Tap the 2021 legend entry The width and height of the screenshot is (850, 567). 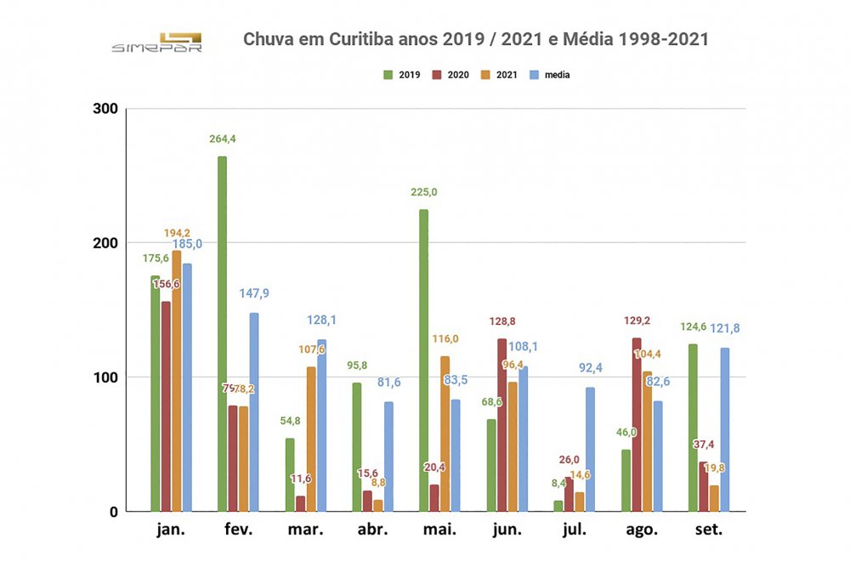pos(502,75)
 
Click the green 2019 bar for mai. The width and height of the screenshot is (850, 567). pos(423,360)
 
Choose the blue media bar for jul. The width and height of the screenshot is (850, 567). pos(590,450)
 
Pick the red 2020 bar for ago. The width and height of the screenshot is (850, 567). pos(636,425)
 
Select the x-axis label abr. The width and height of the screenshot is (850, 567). pos(371,530)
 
